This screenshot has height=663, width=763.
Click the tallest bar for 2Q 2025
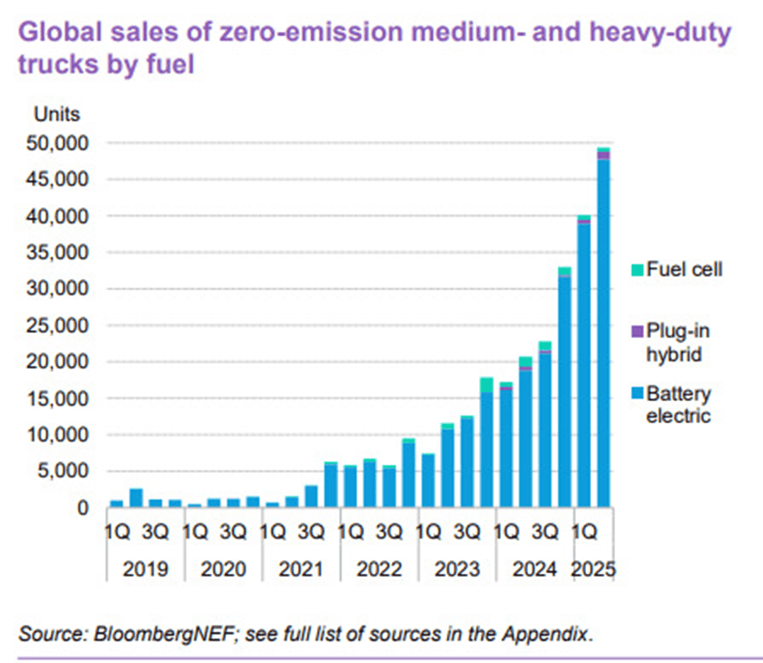[603, 327]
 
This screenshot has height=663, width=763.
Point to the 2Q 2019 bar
[136, 498]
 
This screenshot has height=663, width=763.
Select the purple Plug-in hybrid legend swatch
[635, 331]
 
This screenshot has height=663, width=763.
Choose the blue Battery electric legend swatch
[635, 395]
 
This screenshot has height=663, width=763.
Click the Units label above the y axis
[56, 114]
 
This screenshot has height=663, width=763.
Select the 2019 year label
[146, 568]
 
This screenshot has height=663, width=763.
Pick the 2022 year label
[379, 568]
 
